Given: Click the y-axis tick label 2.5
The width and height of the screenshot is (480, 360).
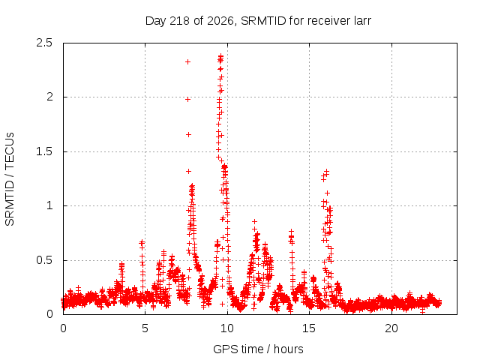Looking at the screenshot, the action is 44,43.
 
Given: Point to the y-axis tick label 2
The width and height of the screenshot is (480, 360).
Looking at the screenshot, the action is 49,97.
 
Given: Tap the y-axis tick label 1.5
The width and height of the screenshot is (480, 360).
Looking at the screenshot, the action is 44,151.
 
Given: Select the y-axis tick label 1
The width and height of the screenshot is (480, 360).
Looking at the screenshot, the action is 50,205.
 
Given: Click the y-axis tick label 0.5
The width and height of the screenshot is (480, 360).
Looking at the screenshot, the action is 44,260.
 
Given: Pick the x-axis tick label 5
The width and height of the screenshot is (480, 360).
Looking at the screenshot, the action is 145,328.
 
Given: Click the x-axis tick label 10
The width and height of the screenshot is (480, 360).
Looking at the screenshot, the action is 227,328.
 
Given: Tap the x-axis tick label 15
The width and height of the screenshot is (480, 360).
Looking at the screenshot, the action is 309,328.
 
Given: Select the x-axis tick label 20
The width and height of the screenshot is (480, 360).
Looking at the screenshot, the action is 391,328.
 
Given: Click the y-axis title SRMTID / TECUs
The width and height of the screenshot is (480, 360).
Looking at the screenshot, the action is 10,179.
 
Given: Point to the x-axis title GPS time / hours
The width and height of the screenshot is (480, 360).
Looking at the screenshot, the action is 258,349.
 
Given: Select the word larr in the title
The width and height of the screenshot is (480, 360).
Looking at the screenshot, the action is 363,21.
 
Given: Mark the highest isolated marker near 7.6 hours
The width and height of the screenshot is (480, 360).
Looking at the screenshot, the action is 188,61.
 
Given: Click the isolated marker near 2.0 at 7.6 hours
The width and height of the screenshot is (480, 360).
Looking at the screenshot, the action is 188,99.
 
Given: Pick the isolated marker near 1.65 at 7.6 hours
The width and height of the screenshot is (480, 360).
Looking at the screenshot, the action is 188,134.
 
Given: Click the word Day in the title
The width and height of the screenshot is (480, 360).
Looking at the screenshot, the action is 156,21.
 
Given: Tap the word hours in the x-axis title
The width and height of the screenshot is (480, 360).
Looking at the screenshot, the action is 288,349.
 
